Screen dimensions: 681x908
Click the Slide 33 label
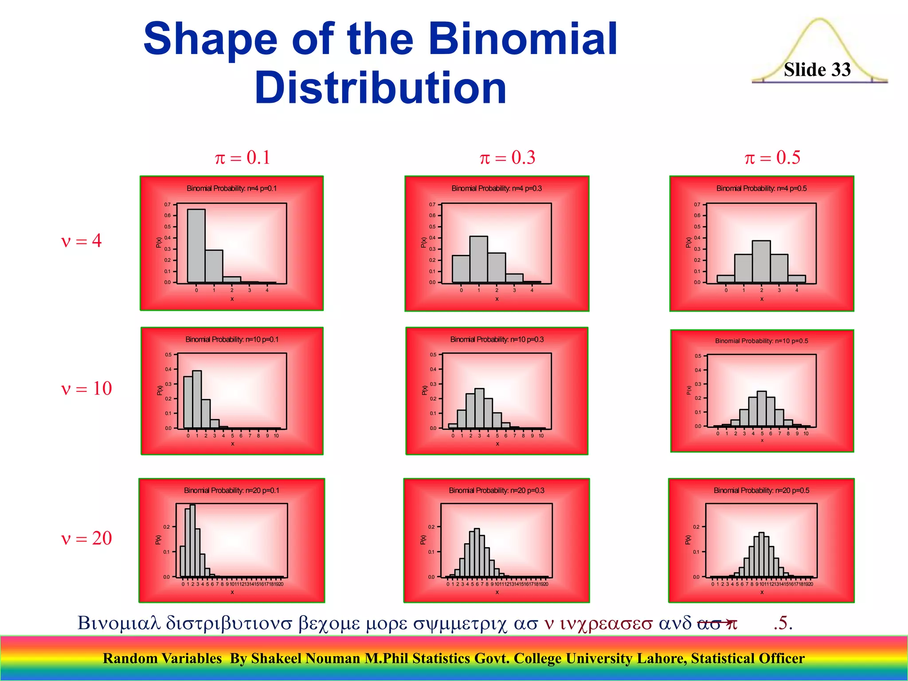tap(817, 70)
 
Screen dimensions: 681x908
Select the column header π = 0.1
tap(242, 157)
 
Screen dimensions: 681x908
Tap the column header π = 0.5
tap(772, 157)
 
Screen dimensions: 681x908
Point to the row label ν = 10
tap(86, 388)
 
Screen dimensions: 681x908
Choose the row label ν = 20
tap(86, 538)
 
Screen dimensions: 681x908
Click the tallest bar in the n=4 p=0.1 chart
tap(196, 246)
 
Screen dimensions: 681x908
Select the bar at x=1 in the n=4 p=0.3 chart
tap(478, 259)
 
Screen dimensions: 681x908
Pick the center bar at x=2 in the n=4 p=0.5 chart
tap(761, 262)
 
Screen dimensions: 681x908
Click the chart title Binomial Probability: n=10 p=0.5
tap(761, 341)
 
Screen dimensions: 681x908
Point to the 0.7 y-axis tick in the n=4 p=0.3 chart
tap(432, 204)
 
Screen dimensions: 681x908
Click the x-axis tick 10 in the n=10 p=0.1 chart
tap(276, 436)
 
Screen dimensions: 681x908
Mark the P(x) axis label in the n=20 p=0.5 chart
tap(688, 540)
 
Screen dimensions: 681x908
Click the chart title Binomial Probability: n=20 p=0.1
tap(231, 490)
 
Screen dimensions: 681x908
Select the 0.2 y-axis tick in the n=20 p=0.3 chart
tap(431, 527)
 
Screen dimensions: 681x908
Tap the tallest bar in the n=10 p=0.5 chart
tap(762, 408)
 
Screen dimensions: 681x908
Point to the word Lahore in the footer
tap(661, 658)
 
